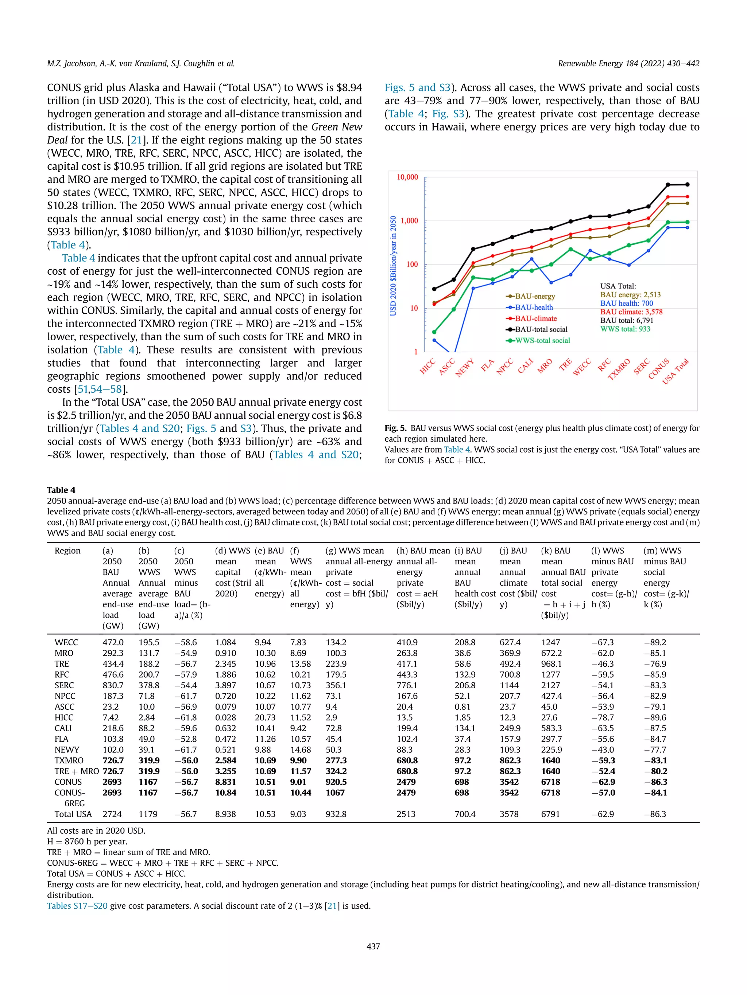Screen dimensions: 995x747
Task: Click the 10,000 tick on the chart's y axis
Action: click(407, 177)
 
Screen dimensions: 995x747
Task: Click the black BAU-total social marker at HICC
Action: click(434, 289)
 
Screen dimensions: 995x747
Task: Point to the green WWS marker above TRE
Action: click(570, 249)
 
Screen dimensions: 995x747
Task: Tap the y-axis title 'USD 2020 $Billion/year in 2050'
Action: click(393, 266)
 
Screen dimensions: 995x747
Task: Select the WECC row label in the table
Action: click(66, 642)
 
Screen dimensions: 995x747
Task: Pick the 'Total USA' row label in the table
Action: click(73, 814)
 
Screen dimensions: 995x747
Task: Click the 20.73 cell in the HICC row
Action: click(265, 717)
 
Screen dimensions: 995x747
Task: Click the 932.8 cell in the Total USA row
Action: click(336, 814)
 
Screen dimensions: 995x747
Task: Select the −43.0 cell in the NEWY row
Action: click(602, 750)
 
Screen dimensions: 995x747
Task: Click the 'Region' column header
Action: click(67, 551)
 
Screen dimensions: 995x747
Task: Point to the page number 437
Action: click(373, 947)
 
